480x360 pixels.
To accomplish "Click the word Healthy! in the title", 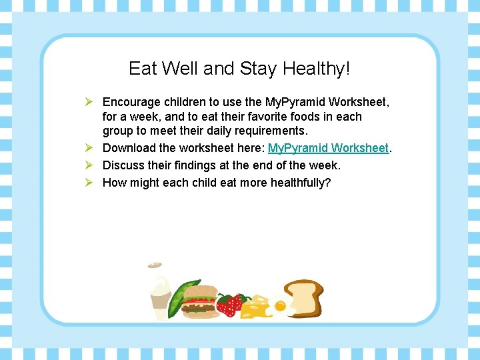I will pyautogui.click(x=317, y=69).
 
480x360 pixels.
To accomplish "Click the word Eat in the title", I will pyautogui.click(x=142, y=69).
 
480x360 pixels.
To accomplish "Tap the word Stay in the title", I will pyautogui.click(x=259, y=69).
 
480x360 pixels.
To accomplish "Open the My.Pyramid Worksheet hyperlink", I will pyautogui.click(x=328, y=148).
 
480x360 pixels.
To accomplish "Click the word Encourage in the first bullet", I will pyautogui.click(x=132, y=102).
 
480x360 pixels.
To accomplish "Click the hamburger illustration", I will pyautogui.click(x=199, y=301).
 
